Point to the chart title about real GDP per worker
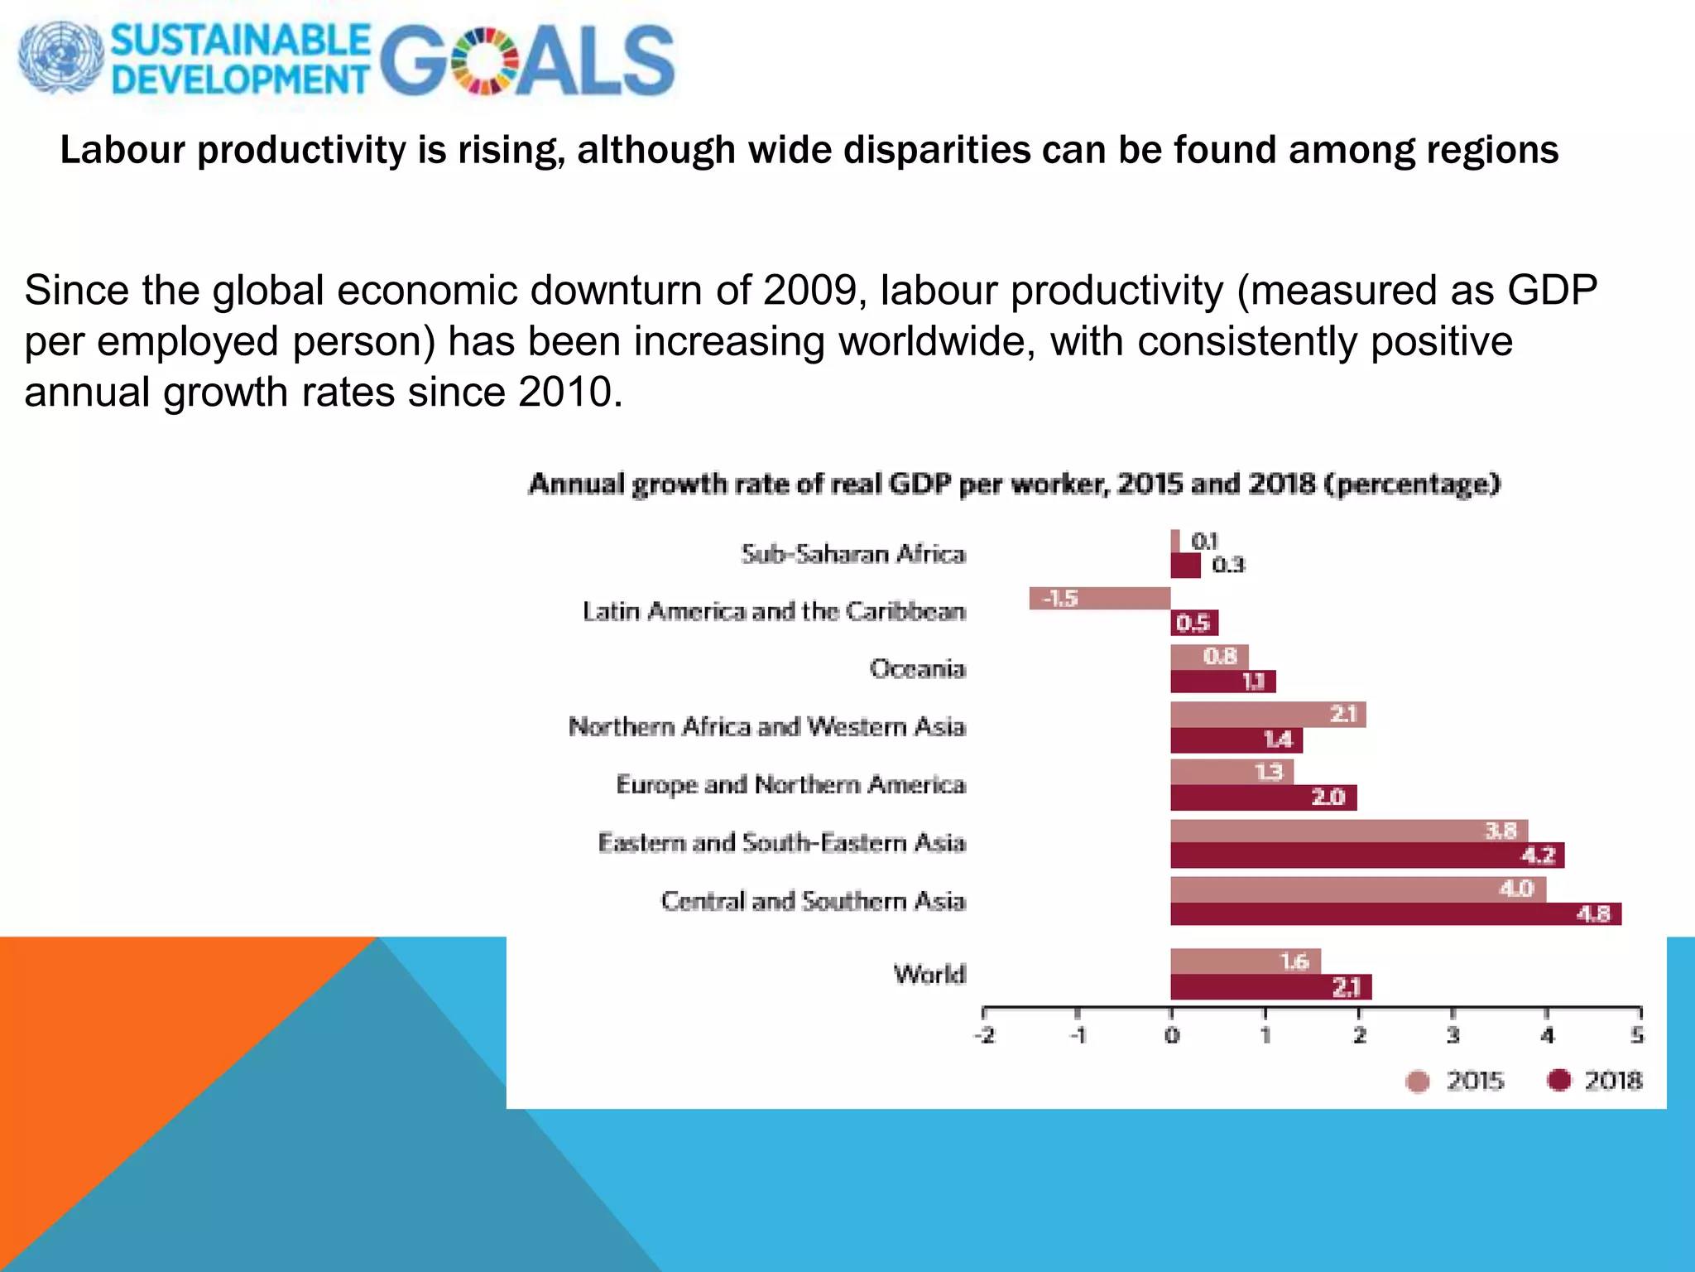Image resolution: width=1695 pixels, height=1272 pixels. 1014,484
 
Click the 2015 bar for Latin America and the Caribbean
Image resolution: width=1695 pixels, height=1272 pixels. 1100,598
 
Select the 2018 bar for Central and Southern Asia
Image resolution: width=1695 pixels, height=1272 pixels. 1395,914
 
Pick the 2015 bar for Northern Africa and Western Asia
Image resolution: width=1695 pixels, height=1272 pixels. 1267,714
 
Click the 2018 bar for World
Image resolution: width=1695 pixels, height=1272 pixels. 1270,987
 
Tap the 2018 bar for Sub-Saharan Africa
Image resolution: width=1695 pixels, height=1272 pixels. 1185,566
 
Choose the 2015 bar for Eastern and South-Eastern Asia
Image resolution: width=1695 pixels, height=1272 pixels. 1348,831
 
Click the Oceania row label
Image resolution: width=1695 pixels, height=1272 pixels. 917,668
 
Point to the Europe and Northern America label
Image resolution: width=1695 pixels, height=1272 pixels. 790,784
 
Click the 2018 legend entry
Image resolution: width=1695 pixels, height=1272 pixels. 1595,1081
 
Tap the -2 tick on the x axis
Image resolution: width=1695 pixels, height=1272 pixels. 984,1035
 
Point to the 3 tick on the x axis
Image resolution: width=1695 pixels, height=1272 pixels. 1453,1035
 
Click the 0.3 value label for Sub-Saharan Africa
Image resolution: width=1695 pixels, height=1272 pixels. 1228,566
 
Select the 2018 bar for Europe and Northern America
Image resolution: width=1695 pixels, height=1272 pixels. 1263,797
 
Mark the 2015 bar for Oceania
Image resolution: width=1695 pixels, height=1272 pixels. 1209,657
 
